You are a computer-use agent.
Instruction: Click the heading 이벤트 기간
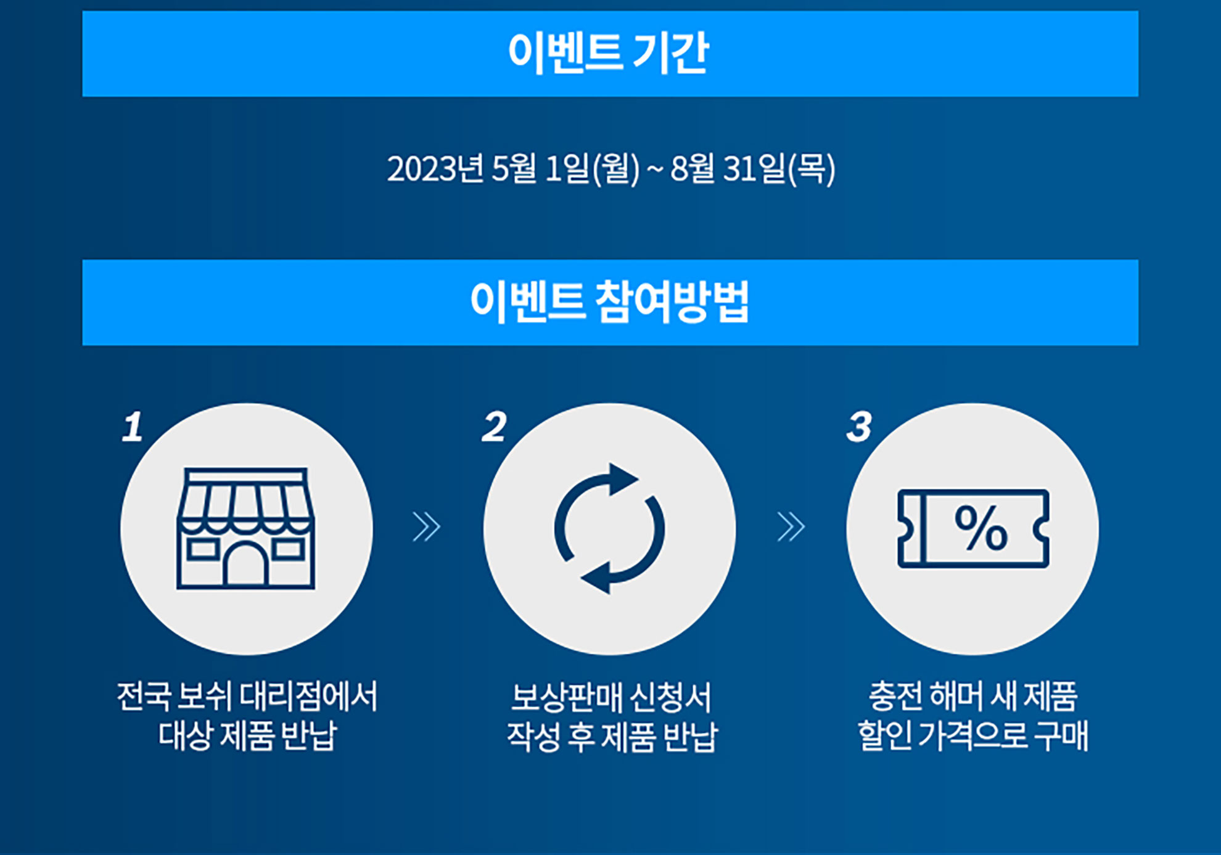(609, 54)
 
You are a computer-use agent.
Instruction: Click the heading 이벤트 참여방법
(609, 302)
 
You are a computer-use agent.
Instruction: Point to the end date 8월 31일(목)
(752, 169)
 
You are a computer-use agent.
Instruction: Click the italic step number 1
(133, 427)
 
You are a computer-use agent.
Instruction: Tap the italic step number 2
(495, 427)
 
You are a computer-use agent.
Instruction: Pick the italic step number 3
(859, 427)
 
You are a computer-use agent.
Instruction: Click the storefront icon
(246, 528)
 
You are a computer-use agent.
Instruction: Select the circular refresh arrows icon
(609, 528)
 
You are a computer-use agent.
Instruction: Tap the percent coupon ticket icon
(973, 528)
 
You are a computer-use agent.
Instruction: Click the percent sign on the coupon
(980, 528)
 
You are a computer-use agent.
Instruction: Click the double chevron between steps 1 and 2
(427, 527)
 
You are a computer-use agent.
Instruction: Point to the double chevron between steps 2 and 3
(791, 527)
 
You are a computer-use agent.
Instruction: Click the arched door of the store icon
(246, 565)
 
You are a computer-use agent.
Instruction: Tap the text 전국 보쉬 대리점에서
(247, 697)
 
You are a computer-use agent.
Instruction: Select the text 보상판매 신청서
(611, 697)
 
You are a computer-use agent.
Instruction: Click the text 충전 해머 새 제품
(973, 697)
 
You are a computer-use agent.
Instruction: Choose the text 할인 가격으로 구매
(973, 735)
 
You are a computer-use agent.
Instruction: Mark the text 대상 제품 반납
(247, 735)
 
